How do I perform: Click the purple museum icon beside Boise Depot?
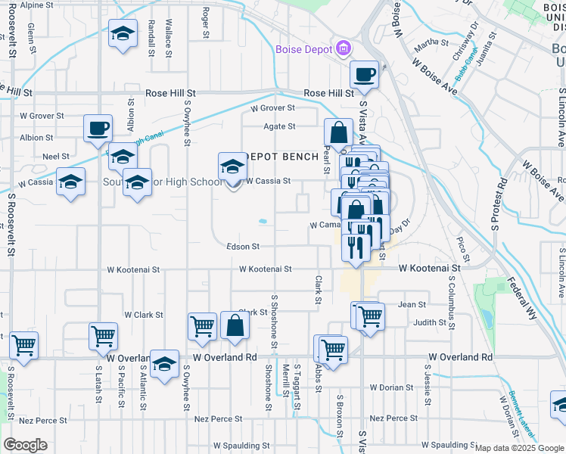point(344,49)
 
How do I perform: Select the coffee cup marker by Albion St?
point(98,128)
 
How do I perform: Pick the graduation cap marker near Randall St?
point(123,33)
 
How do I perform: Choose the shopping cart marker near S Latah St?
point(103,335)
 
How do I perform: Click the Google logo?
point(25,445)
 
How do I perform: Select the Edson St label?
point(243,247)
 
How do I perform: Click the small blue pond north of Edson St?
point(263,222)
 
